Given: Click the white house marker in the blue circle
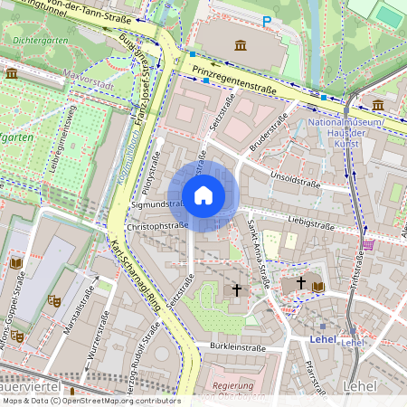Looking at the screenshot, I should (x=203, y=195).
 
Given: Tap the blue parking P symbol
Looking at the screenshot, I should (x=267, y=20).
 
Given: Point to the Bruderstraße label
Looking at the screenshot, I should (x=269, y=130).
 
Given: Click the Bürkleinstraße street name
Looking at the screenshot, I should (x=237, y=346).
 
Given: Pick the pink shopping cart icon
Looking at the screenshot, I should (x=367, y=244).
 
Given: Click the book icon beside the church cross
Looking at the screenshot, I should (x=317, y=286).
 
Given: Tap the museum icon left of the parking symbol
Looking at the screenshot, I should (x=240, y=45).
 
